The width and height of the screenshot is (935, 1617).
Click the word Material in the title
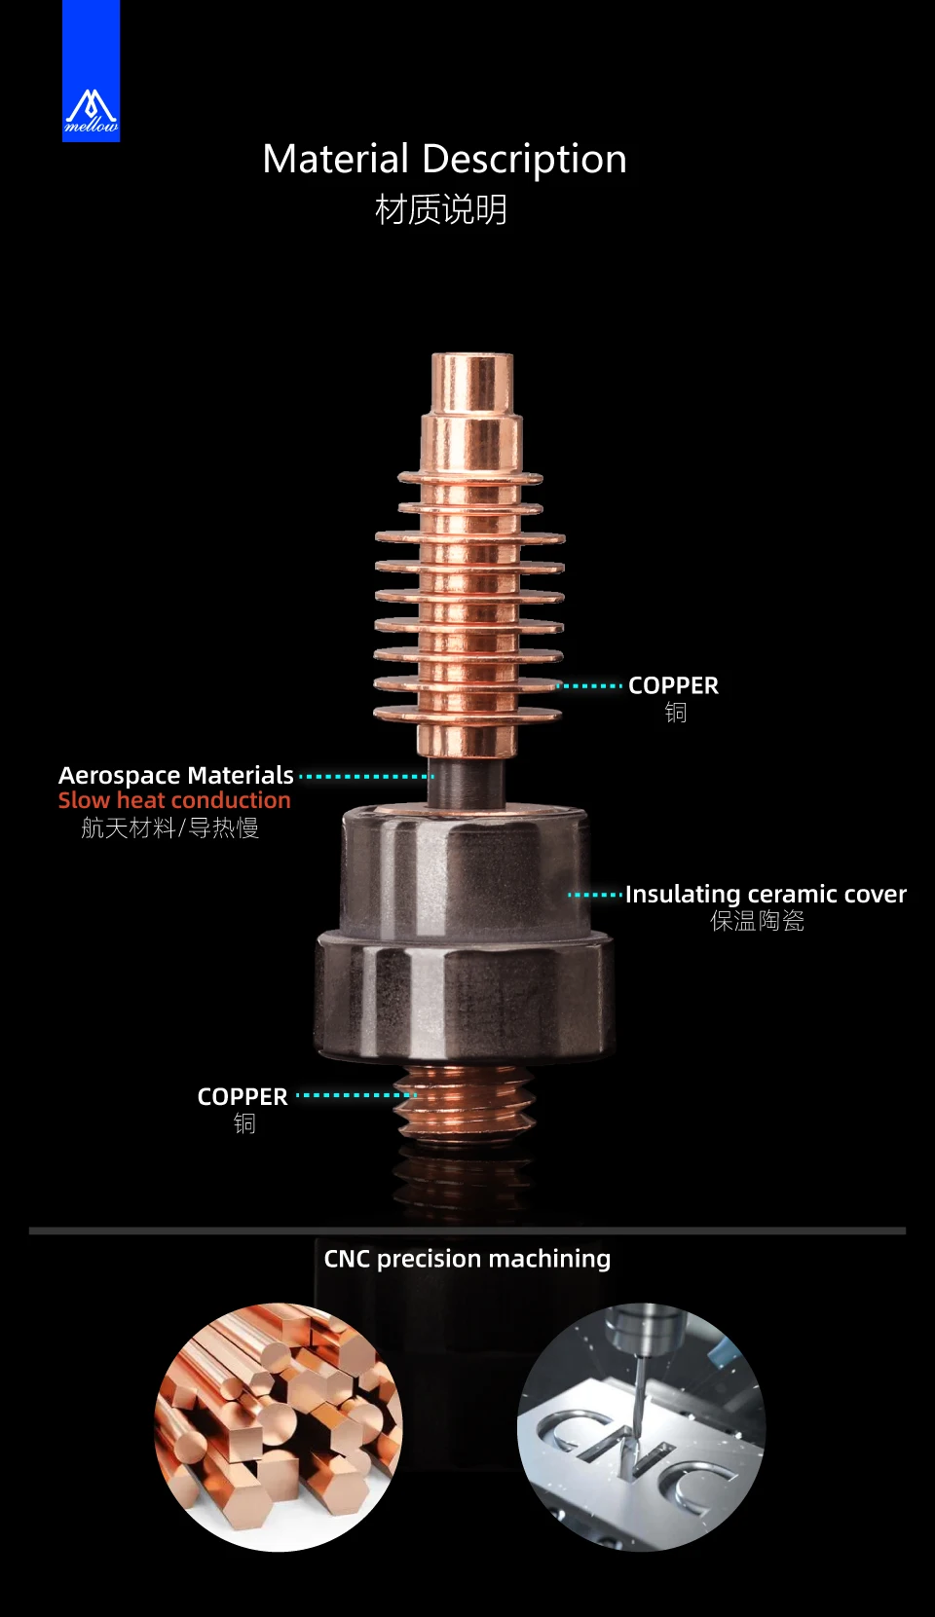point(336,159)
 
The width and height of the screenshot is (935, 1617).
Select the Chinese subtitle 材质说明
point(441,209)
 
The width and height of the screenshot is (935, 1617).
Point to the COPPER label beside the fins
point(673,685)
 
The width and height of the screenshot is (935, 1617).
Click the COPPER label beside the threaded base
point(243,1096)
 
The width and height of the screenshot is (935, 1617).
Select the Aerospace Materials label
point(176,775)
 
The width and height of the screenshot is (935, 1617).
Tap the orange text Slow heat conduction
point(174,800)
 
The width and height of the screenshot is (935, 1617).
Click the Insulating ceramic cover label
point(766,894)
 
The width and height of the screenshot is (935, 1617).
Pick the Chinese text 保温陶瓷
point(757,921)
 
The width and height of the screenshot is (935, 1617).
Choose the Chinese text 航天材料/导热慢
point(170,827)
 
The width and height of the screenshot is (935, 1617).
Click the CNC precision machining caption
point(467,1259)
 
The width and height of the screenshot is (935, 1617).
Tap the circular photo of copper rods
point(279,1427)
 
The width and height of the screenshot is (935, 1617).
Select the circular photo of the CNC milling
point(641,1427)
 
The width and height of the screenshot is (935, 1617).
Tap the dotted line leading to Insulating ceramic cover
point(595,894)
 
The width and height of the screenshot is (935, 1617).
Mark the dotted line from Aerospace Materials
point(365,777)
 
